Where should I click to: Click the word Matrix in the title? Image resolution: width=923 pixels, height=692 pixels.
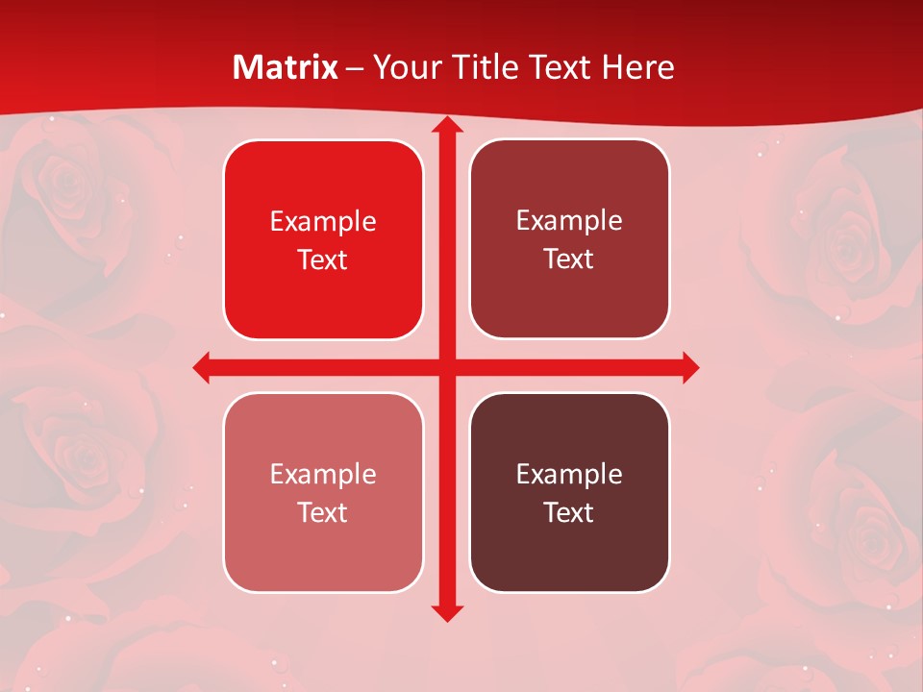286,67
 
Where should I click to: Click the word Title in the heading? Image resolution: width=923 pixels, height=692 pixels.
483,67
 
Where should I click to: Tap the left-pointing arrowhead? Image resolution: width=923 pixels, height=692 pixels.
203,367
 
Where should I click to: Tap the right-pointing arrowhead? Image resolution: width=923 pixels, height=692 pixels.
689,367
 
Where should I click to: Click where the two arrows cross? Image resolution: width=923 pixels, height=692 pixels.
447,367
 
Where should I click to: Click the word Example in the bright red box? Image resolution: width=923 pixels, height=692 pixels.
323,221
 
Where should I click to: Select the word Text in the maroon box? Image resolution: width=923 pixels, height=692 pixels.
569,259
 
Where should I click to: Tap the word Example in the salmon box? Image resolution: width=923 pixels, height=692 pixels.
323,474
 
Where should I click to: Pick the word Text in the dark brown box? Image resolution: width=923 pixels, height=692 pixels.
569,512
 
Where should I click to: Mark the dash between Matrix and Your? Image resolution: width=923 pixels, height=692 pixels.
356,68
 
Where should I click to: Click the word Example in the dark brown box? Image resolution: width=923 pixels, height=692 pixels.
569,474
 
